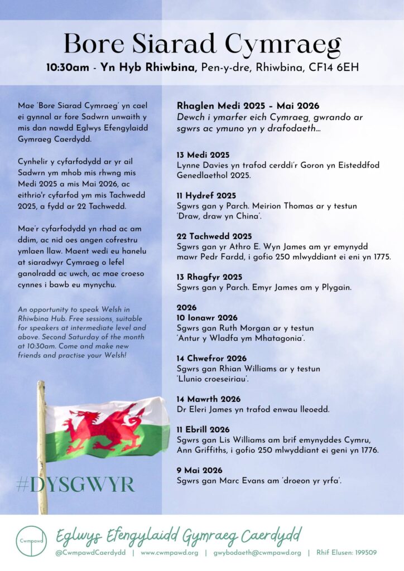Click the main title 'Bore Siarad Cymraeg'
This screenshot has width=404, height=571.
201,45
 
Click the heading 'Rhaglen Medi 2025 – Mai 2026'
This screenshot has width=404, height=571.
248,106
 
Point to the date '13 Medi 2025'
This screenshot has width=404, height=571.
203,155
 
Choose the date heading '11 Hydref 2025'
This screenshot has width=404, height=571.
206,196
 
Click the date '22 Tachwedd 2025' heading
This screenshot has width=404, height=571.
214,236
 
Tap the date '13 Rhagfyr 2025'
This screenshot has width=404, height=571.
209,277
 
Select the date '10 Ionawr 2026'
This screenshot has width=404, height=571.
208,318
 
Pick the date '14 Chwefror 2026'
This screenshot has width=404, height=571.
211,359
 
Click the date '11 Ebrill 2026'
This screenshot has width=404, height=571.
203,429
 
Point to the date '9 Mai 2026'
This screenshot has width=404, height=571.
199,470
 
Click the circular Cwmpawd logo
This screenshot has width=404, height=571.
31,541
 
